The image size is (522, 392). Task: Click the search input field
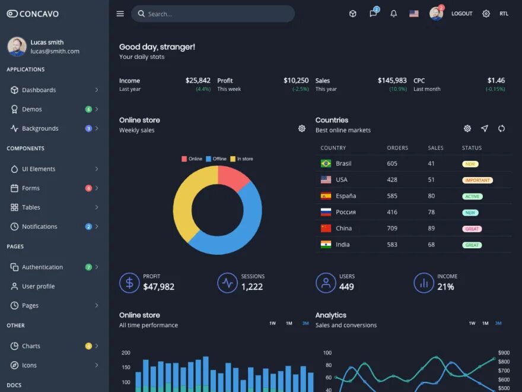coord(214,14)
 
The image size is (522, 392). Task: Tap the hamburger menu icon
coord(120,14)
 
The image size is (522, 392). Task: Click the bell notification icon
coord(393,14)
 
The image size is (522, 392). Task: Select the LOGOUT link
coord(461,14)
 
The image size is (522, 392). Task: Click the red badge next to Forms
coord(88,188)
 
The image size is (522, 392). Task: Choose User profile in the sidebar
coord(39,286)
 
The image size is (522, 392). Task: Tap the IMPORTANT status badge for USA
coord(478,180)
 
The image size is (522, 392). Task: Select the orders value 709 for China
coord(392,228)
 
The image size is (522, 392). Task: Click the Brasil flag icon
coord(326,163)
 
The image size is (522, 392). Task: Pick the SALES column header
coord(435,148)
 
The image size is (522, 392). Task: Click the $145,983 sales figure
coord(392,80)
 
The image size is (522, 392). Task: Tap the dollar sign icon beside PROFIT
coord(129,283)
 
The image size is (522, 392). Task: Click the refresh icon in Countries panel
coord(501,129)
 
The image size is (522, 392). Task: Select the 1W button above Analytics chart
coord(472,324)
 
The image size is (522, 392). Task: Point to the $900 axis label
coord(504,353)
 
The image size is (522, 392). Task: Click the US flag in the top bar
coord(414,14)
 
